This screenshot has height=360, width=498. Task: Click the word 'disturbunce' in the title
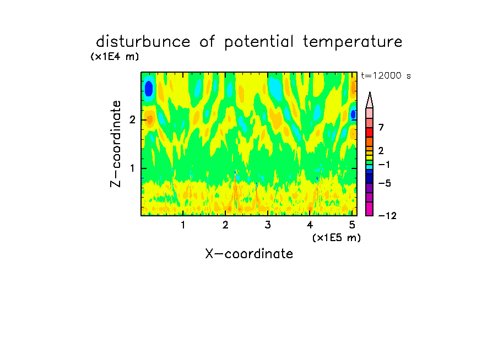click(143, 42)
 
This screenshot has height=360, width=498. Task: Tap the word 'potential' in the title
click(259, 42)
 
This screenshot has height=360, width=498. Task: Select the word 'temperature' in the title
click(353, 42)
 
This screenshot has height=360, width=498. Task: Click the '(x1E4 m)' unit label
click(115, 57)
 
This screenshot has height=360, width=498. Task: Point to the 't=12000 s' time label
click(386, 76)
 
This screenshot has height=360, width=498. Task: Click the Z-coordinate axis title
click(116, 144)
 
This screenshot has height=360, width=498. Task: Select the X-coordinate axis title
click(249, 254)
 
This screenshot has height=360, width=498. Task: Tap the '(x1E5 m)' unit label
click(337, 238)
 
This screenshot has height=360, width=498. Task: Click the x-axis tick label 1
click(183, 225)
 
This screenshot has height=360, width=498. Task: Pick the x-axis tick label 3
click(268, 225)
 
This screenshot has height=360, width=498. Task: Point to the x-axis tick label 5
click(352, 225)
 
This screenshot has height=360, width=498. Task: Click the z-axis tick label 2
click(132, 120)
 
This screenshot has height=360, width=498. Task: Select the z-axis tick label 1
click(132, 168)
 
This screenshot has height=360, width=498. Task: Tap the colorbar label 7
click(381, 128)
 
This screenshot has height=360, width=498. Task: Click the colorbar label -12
click(387, 216)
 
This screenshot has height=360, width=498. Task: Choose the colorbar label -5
click(385, 183)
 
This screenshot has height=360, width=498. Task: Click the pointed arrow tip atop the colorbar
click(370, 92)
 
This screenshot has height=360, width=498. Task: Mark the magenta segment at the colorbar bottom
click(370, 209)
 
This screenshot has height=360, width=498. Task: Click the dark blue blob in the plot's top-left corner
click(149, 89)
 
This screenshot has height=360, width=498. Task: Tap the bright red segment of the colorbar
click(370, 132)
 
